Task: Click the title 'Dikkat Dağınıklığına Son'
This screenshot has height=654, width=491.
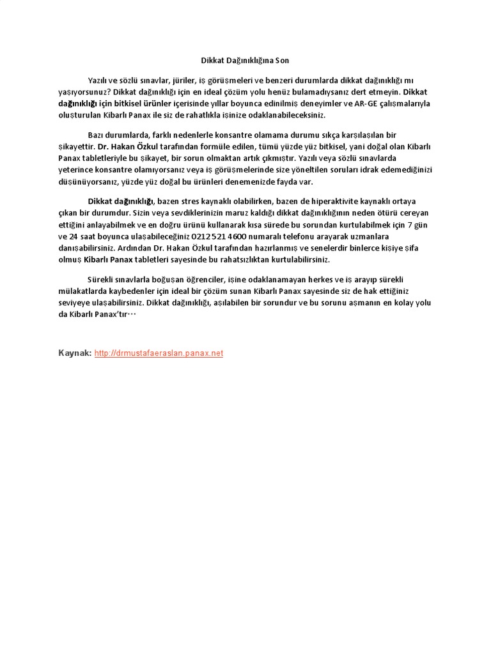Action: tap(242, 61)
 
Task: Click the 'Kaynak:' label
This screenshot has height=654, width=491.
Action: tap(75, 353)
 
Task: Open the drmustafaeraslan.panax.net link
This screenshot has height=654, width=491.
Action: tap(159, 353)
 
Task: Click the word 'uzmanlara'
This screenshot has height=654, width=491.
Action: tap(363, 234)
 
